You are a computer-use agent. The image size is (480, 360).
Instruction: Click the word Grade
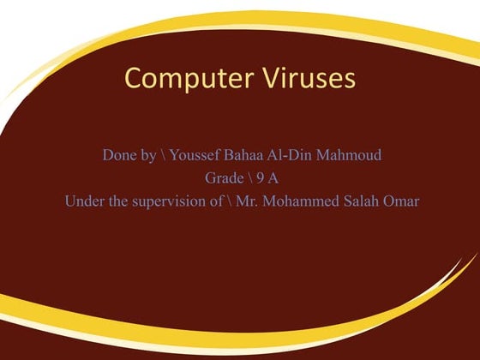point(223,178)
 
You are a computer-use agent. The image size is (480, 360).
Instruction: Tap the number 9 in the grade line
point(260,178)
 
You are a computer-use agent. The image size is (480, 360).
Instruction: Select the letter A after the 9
point(273,178)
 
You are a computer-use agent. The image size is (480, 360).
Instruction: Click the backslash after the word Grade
point(248,178)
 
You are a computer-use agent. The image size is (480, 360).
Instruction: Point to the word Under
point(83,201)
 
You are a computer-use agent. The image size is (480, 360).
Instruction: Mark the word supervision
point(170,201)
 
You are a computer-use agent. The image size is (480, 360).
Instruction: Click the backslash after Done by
point(163,155)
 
